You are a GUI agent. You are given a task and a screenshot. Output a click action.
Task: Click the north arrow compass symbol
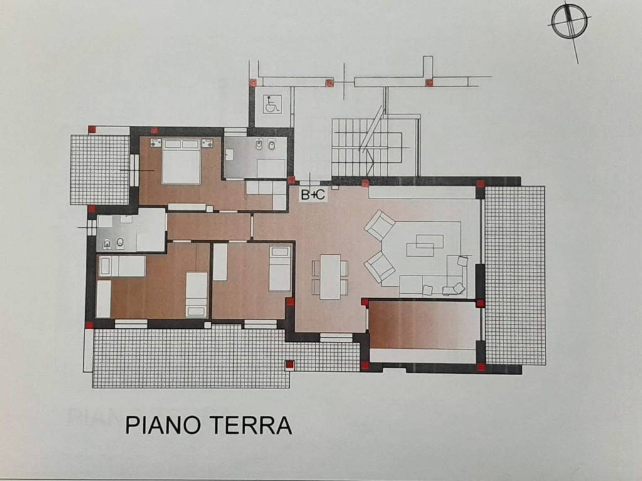click(x=569, y=23)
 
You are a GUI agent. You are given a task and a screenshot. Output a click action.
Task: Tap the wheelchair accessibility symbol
click(x=272, y=103)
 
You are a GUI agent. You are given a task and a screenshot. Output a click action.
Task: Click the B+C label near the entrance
click(x=313, y=194)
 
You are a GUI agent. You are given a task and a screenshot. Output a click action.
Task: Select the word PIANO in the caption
click(x=161, y=425)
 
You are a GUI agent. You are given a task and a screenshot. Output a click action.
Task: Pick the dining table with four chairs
click(x=330, y=276)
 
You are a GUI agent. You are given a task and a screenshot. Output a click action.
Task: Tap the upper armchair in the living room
click(x=380, y=225)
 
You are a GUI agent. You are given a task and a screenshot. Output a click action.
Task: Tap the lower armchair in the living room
click(x=380, y=267)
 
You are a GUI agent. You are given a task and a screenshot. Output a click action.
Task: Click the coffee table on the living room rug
click(x=425, y=245)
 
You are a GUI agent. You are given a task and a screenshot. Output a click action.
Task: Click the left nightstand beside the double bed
click(x=155, y=143)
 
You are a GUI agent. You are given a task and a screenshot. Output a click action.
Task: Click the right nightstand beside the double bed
click(x=207, y=143)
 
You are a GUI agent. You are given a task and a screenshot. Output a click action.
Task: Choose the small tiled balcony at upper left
click(x=100, y=169)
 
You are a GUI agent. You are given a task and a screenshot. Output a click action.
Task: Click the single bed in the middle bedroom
click(x=280, y=269)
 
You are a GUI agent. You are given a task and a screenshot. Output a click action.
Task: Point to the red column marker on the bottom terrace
click(x=289, y=364)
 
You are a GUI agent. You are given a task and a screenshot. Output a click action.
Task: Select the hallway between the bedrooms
click(x=209, y=226)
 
